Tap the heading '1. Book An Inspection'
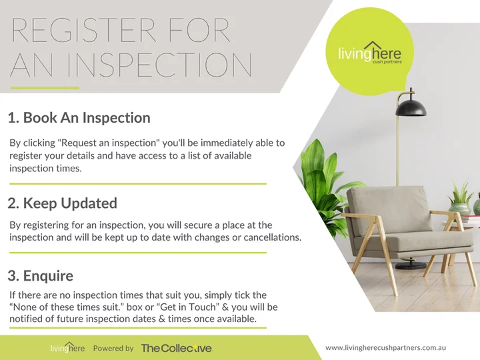coord(79,118)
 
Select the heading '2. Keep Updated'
coord(63,203)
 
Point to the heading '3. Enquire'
coord(41,275)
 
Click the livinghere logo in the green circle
coord(369,53)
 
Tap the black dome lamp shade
coord(411,107)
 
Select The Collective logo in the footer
coord(176,348)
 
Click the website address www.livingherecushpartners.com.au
coord(386,348)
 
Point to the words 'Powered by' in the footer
coord(113,349)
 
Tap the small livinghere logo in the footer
coord(67,348)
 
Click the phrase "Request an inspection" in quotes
coord(109,143)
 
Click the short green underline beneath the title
coord(45,88)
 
